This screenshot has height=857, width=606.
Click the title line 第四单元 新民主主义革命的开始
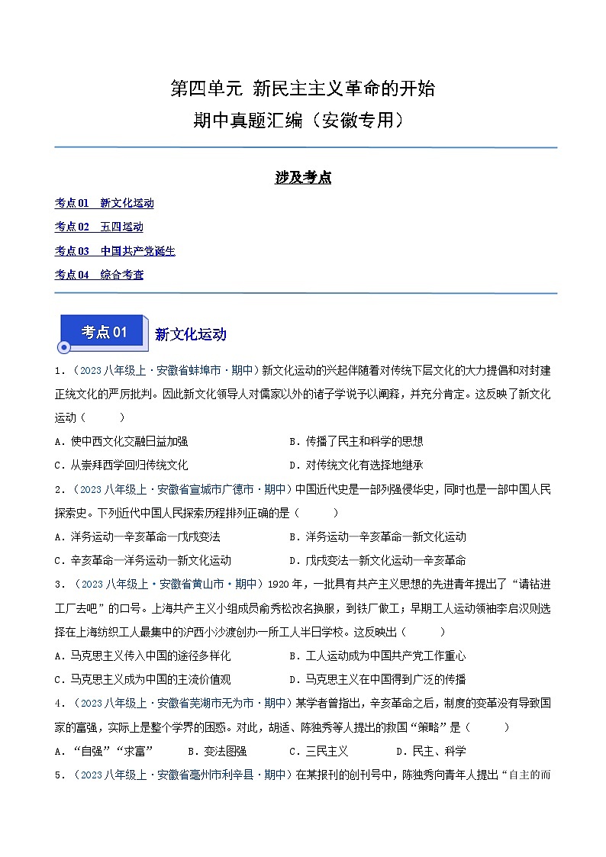click(x=302, y=89)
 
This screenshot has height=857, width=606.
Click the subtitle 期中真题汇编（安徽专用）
click(x=302, y=121)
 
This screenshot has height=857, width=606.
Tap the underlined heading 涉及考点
click(x=303, y=179)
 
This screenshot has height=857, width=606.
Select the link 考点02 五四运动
click(x=98, y=227)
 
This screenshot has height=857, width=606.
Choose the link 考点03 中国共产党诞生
click(x=114, y=251)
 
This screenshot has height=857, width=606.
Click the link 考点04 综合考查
click(x=98, y=275)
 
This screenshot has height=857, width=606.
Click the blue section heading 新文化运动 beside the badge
click(x=190, y=334)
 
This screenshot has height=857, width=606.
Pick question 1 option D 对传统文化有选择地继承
click(x=356, y=465)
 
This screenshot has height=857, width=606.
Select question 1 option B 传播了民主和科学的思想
click(x=356, y=441)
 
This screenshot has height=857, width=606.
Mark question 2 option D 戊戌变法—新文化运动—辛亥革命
click(x=377, y=560)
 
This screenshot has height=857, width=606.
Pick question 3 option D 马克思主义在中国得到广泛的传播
click(x=377, y=679)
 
